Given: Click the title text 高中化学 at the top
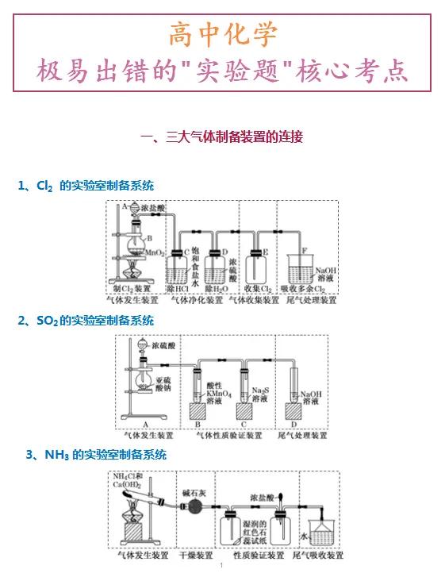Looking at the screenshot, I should (222, 35).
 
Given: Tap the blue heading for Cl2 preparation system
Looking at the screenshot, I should (86, 185).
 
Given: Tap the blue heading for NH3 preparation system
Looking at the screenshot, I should (96, 455).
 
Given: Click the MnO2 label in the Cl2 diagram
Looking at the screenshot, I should (155, 252).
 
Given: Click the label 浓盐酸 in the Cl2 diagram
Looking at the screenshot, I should (155, 208).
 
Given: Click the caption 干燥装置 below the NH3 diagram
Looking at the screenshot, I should (194, 556).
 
